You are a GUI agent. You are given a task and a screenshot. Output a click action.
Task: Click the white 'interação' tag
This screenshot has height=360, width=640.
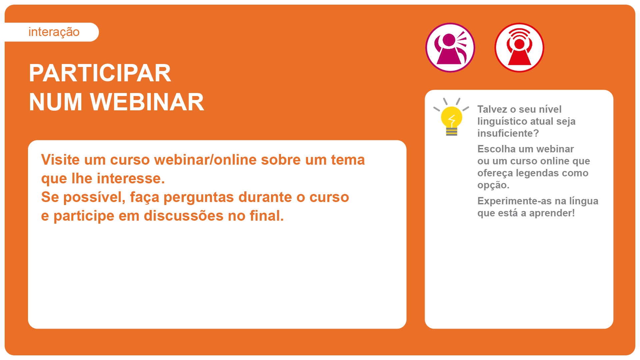pyautogui.click(x=52, y=32)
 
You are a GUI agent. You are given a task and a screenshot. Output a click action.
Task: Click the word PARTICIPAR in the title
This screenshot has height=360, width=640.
pyautogui.click(x=100, y=73)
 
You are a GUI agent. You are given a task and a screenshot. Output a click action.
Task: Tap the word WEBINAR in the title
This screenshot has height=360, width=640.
pyautogui.click(x=147, y=102)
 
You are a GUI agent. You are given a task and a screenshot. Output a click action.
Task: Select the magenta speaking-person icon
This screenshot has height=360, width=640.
pyautogui.click(x=450, y=48)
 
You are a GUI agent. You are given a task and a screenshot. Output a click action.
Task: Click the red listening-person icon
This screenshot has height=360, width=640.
pyautogui.click(x=519, y=48)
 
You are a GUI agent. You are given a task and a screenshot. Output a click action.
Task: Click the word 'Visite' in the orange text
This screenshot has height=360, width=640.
pyautogui.click(x=60, y=160)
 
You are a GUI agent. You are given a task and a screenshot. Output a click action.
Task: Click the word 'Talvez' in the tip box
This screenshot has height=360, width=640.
pyautogui.click(x=492, y=109)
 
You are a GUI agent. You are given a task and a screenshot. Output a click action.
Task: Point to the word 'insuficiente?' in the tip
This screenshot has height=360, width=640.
pyautogui.click(x=508, y=133)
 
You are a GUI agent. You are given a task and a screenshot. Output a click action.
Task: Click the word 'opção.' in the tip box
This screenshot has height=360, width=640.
pyautogui.click(x=493, y=185)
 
